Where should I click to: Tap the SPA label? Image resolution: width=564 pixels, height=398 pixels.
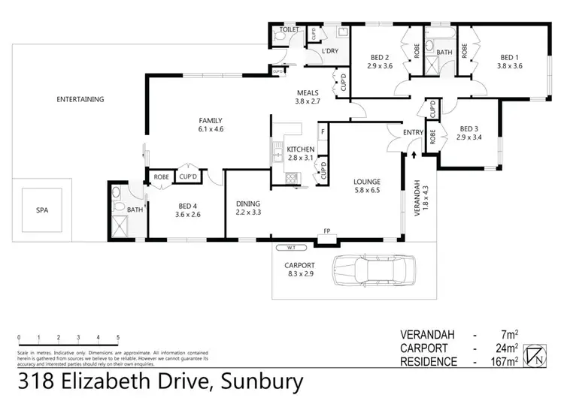(42, 210)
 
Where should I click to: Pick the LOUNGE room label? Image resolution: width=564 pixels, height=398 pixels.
(368, 182)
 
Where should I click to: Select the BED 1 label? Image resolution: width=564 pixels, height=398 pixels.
(511, 57)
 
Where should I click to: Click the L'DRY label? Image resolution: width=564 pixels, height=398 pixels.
(330, 50)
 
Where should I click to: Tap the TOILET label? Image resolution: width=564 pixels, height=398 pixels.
(290, 30)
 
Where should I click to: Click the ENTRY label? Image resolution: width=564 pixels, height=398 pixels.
(413, 133)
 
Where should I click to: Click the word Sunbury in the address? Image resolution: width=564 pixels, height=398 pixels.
(260, 382)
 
